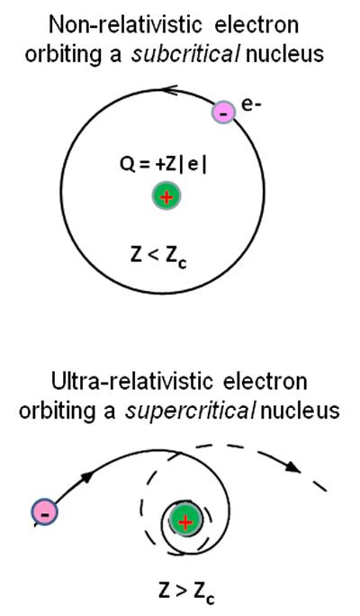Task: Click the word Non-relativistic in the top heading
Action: click(x=112, y=24)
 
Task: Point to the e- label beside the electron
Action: click(x=251, y=105)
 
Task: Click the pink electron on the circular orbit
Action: click(x=223, y=113)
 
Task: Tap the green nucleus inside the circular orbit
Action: click(x=166, y=197)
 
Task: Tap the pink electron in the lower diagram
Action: click(x=44, y=512)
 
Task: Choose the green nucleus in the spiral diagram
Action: click(x=184, y=521)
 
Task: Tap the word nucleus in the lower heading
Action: click(x=300, y=411)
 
